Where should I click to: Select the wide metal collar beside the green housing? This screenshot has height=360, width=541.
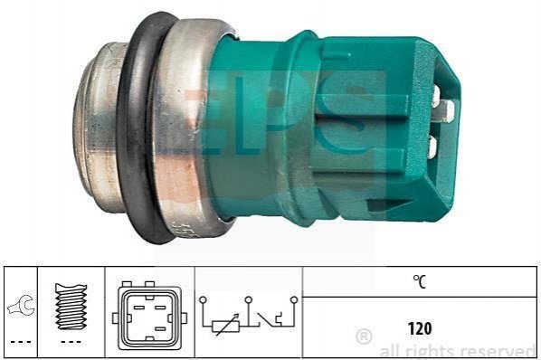pos(186,128)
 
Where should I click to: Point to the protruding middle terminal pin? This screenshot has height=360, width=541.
pos(446,110)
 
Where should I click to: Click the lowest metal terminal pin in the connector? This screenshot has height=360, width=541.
pos(432,147)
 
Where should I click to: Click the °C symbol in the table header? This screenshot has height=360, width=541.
pos(420,281)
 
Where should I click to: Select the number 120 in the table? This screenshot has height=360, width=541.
pos(420,328)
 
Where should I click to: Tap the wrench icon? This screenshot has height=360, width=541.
pos(21,305)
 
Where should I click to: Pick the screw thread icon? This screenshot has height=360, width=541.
pos(71,306)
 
